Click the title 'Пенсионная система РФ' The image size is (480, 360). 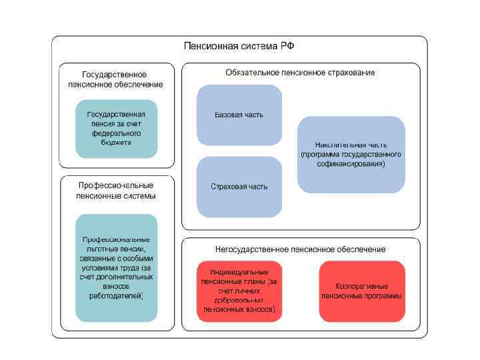click(239, 46)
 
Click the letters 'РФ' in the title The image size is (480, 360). click(287, 46)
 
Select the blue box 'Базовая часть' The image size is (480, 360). click(239, 115)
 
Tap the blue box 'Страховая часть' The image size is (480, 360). click(239, 187)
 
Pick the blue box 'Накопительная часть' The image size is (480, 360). click(351, 155)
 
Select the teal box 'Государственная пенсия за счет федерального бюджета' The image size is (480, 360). click(116, 129)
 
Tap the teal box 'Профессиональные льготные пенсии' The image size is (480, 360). click(116, 267)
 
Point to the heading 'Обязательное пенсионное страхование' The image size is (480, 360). click(300, 72)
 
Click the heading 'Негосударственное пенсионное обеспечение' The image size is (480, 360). click(300, 249)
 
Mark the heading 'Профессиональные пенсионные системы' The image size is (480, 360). click(117, 191)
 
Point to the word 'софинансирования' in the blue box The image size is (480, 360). click(351, 163)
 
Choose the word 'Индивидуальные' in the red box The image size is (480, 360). click(239, 273)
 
